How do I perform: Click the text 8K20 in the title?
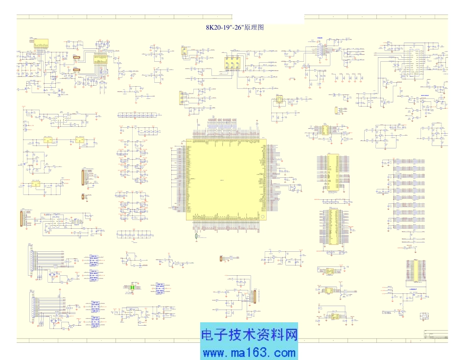tap(214, 28)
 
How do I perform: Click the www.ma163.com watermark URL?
tap(249, 352)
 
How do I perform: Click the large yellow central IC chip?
tap(227, 179)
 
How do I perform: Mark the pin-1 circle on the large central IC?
tap(262, 216)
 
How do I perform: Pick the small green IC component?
tap(131, 288)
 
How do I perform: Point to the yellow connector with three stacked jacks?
tap(182, 98)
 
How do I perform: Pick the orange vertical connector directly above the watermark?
tap(254, 296)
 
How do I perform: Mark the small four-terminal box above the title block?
tap(423, 316)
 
